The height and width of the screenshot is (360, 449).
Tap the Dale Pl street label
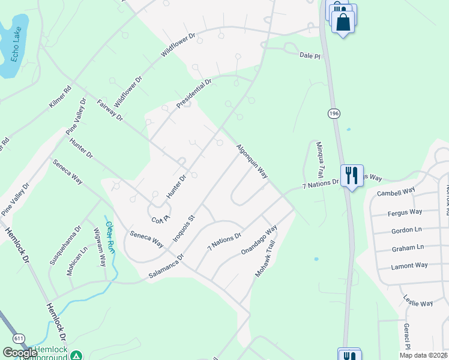coord(310,55)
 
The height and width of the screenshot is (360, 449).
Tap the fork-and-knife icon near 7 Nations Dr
coord(351,175)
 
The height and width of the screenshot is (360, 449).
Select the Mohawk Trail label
coord(265,259)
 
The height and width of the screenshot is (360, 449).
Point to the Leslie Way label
coord(418,303)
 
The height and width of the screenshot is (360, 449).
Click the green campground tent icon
coord(76,355)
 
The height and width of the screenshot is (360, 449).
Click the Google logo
coord(20,353)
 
